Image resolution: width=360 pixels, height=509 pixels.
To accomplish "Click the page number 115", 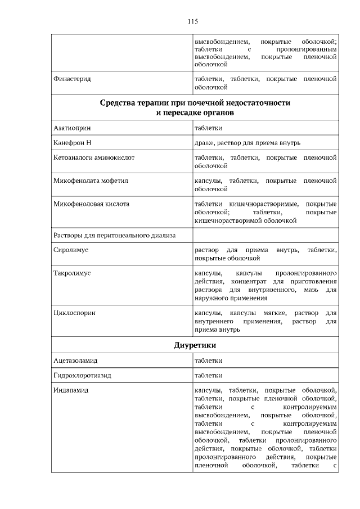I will click(x=192, y=22).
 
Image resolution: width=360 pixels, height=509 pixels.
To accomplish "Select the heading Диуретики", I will click(x=195, y=344).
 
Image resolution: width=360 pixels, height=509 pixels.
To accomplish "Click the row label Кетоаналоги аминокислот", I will click(x=93, y=158).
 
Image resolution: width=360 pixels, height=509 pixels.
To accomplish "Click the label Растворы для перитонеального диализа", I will click(x=114, y=235).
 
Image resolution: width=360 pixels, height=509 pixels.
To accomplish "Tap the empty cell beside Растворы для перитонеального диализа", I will click(x=265, y=235).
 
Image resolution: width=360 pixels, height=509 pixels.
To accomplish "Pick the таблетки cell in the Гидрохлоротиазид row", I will click(x=208, y=375).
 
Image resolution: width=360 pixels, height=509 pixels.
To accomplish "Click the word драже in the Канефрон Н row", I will click(x=204, y=143).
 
